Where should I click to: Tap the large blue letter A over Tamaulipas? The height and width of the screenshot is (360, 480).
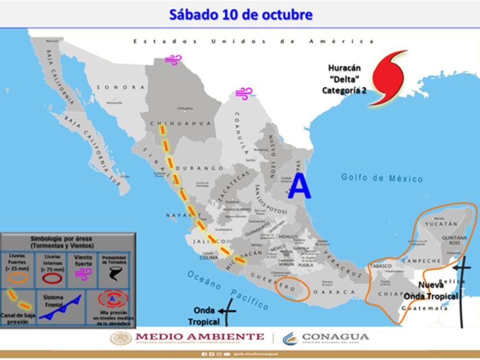pos(299,186)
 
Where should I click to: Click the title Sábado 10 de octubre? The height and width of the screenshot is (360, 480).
pos(240,15)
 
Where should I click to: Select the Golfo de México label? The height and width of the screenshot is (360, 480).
pos(382,178)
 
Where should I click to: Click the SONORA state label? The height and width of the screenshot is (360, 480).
pos(121,87)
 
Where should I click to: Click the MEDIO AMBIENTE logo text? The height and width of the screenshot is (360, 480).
pos(200,337)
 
